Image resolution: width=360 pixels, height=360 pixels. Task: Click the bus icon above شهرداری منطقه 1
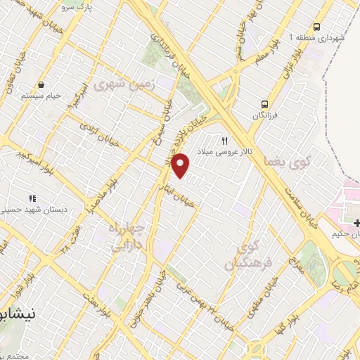click(x=316, y=26)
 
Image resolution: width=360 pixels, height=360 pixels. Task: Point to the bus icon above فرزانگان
click(x=265, y=101)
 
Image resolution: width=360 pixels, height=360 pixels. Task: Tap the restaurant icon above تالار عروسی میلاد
click(x=225, y=141)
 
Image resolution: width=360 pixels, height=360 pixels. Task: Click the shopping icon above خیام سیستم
click(x=42, y=83)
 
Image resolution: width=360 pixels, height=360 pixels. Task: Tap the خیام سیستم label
click(x=42, y=94)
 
